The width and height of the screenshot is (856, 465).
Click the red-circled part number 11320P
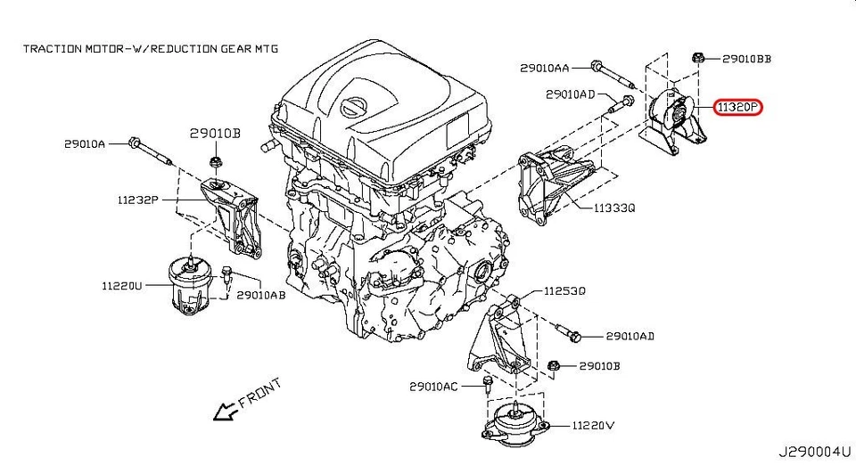click(737, 107)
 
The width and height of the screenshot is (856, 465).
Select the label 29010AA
click(544, 67)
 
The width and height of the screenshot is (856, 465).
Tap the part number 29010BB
click(745, 60)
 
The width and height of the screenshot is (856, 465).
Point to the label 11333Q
click(615, 208)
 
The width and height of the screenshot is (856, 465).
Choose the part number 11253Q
click(565, 290)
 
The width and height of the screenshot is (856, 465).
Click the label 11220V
click(594, 426)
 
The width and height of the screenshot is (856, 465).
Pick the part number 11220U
click(120, 286)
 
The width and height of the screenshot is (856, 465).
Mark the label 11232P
click(136, 200)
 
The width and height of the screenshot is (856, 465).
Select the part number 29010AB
click(260, 295)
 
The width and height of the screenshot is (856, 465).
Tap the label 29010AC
click(433, 387)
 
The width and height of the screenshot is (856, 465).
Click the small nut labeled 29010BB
click(700, 59)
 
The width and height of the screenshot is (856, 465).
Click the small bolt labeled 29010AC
click(487, 384)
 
